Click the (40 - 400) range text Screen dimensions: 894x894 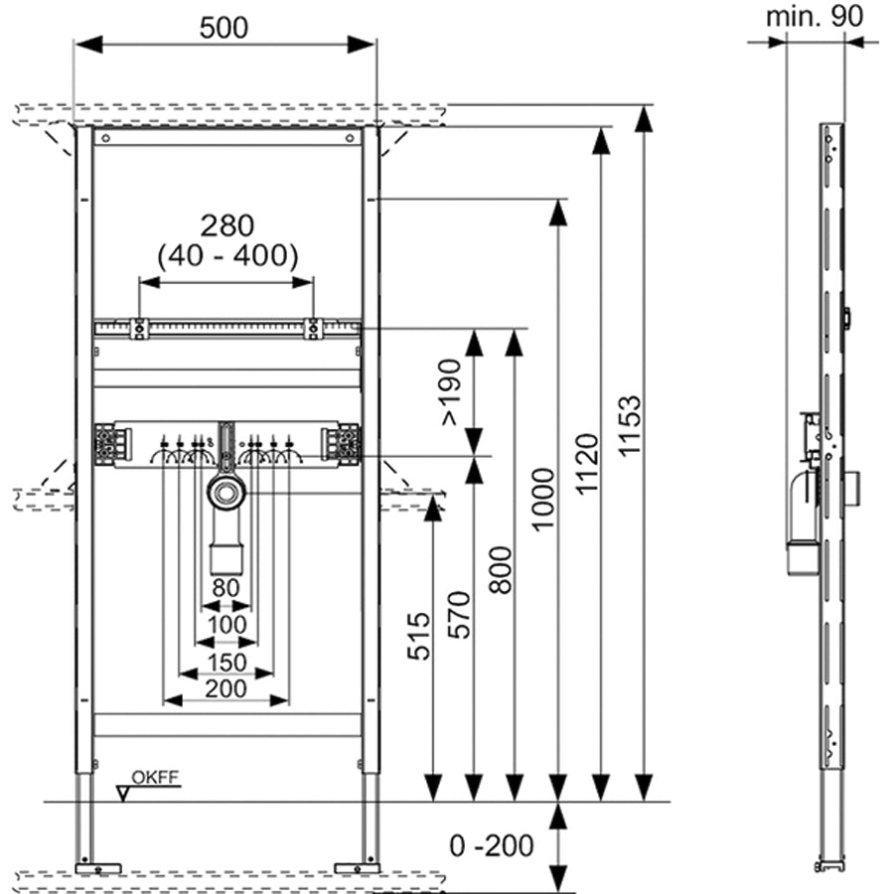(227, 256)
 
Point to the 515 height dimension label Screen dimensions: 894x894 (417, 637)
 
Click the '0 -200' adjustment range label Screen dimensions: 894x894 (491, 846)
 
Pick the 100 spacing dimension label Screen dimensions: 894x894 (227, 624)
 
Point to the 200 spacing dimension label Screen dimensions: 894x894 (227, 686)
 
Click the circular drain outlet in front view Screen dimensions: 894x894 (227, 492)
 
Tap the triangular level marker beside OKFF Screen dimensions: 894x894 (124, 793)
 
